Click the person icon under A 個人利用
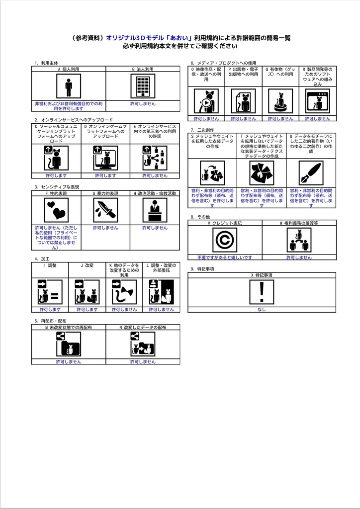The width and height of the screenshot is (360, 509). (x=69, y=86)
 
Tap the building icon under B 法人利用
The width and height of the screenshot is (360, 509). (x=143, y=86)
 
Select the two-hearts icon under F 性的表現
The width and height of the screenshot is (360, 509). (x=56, y=210)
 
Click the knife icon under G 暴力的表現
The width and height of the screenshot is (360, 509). (x=105, y=210)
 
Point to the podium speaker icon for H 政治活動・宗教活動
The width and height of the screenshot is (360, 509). (x=155, y=210)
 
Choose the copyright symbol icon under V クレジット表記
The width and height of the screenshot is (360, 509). (x=225, y=240)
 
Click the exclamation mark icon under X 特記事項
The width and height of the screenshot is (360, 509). (x=262, y=292)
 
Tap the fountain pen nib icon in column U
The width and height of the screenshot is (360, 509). (x=311, y=172)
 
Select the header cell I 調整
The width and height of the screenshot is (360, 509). (x=50, y=265)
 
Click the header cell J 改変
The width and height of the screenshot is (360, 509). (x=87, y=265)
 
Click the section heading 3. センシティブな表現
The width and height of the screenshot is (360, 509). (x=57, y=187)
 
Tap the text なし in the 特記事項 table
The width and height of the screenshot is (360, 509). (x=262, y=310)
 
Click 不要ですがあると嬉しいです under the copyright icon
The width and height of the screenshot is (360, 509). (x=225, y=257)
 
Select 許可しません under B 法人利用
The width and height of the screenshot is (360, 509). (x=143, y=103)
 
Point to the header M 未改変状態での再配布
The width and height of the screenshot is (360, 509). (x=69, y=328)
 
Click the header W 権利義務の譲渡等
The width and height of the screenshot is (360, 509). (x=299, y=223)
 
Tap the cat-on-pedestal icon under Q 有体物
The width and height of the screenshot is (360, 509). (x=280, y=101)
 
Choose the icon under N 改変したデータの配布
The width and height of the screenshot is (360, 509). (x=143, y=344)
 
